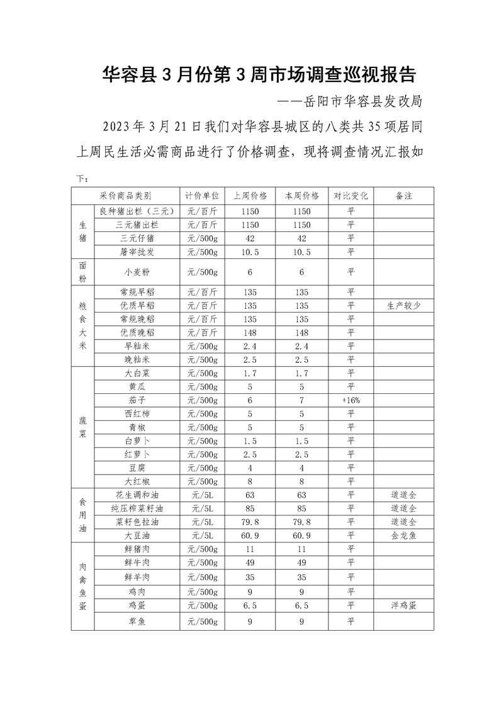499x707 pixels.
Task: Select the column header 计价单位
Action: (x=202, y=195)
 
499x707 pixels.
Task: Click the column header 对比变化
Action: (x=350, y=195)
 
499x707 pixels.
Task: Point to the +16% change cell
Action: (x=350, y=400)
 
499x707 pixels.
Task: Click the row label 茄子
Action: (x=137, y=400)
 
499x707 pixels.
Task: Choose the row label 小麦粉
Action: (x=137, y=272)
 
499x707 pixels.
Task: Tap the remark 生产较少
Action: (x=403, y=306)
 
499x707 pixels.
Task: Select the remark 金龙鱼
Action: (x=403, y=535)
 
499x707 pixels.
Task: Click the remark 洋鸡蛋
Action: (x=403, y=605)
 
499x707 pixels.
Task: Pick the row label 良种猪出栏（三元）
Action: (x=137, y=211)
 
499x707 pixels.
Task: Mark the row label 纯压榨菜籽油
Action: (x=137, y=508)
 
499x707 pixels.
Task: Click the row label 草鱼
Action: (x=137, y=621)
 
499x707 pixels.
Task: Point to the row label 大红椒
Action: (x=137, y=481)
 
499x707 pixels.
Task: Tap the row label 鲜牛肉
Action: (x=137, y=562)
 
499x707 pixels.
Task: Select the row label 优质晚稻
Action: (x=137, y=332)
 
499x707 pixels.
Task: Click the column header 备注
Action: (x=403, y=195)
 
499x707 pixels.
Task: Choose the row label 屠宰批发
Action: (x=137, y=251)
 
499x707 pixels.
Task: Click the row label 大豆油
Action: (x=137, y=535)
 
